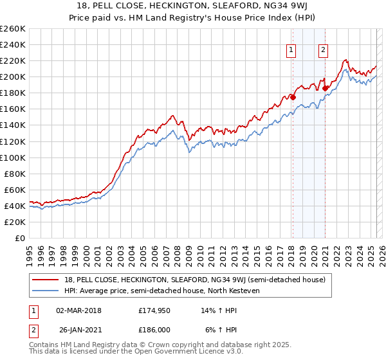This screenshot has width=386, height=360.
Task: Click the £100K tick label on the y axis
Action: [x=12, y=157]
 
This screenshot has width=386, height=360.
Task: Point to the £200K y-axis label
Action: [x=12, y=76]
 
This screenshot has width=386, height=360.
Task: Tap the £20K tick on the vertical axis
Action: [x=14, y=222]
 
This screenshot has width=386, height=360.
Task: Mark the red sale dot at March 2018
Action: [x=293, y=97]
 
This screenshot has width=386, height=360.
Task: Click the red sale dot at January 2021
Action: [x=326, y=88]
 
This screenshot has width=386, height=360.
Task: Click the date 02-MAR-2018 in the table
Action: [x=78, y=310]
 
